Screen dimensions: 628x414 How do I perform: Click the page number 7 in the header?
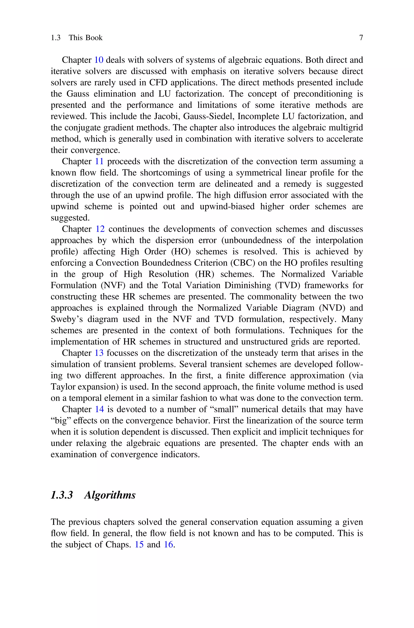coord(361,38)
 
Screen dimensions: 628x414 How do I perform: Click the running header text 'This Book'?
coord(86,38)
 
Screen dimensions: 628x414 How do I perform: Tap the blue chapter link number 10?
coord(99,60)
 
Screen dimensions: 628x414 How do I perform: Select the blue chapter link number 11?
coord(99,161)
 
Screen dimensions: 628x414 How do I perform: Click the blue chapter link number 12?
coord(100,229)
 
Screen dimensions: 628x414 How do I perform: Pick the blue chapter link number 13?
coord(99,353)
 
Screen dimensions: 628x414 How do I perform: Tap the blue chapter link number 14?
coord(99,409)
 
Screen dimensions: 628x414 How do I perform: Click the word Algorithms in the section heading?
coord(110,495)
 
